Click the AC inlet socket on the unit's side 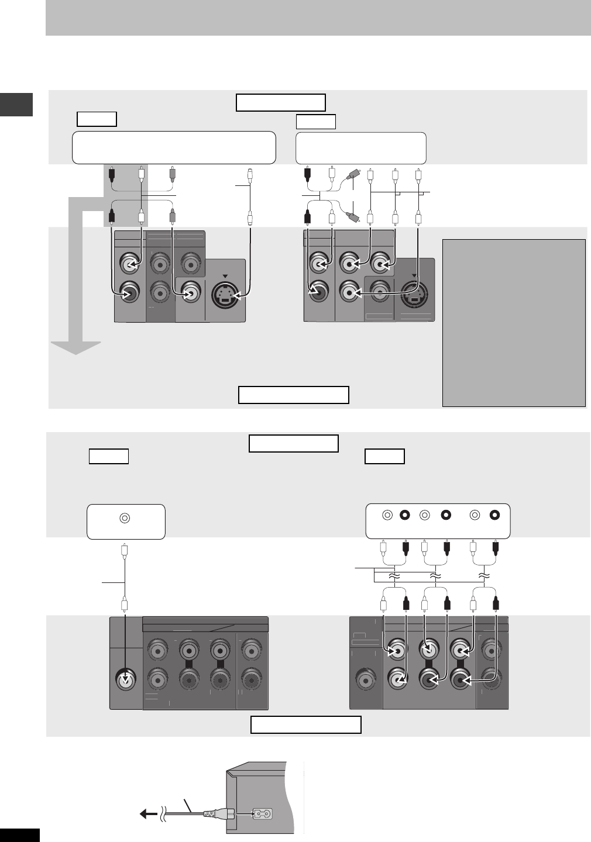[262, 813]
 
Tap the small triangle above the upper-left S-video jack [225, 275]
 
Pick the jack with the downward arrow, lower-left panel [126, 680]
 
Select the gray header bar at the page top [318, 18]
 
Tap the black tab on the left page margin [16, 104]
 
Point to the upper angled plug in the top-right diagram [353, 175]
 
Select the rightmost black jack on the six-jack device [495, 515]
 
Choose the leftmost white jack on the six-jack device [387, 515]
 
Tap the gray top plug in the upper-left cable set [172, 173]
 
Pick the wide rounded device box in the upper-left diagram [174, 148]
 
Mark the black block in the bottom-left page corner [19, 835]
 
